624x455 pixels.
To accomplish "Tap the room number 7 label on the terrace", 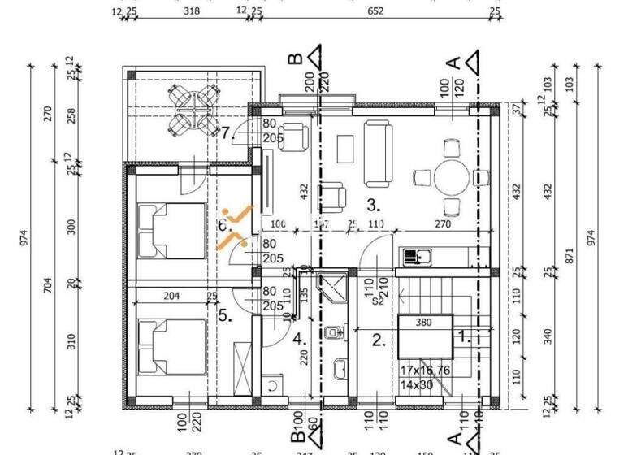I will tap(227, 133).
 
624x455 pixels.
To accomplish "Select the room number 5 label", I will tap(225, 317).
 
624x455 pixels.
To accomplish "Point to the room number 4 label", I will tap(297, 337).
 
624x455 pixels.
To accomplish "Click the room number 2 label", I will tap(378, 340).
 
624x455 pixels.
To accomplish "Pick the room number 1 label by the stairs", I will tap(464, 335).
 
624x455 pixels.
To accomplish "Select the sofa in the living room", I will tap(377, 152).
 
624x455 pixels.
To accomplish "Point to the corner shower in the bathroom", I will tap(331, 287).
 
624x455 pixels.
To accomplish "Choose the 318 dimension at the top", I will tap(193, 11).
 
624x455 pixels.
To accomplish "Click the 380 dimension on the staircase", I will tap(424, 321).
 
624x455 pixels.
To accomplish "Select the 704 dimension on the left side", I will tap(48, 285).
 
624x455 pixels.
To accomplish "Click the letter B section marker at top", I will tap(297, 58).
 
